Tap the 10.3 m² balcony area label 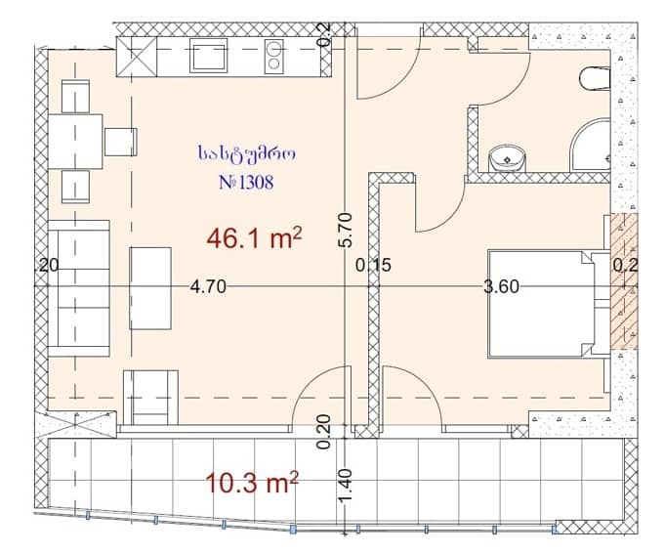(x=252, y=482)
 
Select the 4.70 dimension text (x=208, y=286)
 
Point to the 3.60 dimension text (x=500, y=286)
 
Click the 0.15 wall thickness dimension (x=373, y=264)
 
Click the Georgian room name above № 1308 (x=245, y=153)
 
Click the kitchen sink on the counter (x=208, y=56)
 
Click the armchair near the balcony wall (x=150, y=397)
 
